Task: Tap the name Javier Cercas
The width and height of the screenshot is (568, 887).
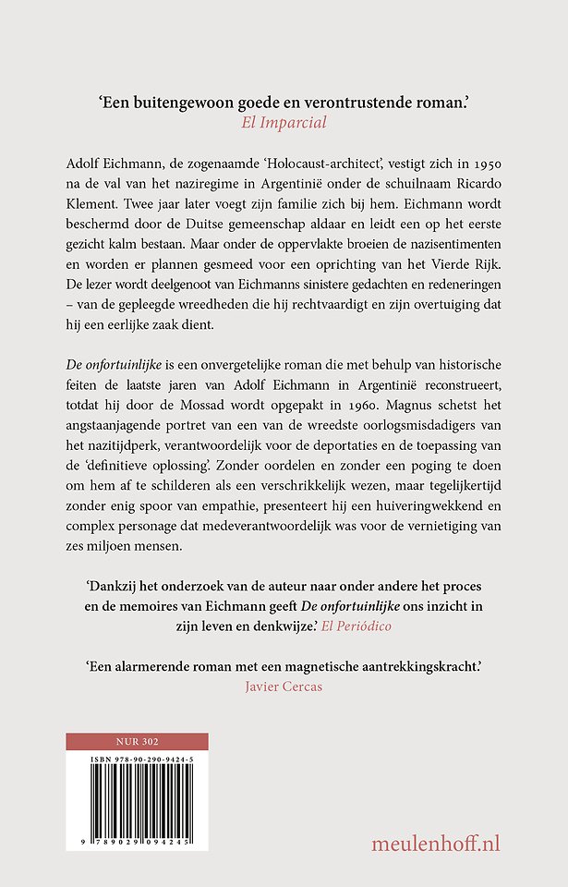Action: pos(284,688)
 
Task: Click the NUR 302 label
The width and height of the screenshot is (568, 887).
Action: pos(137,742)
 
